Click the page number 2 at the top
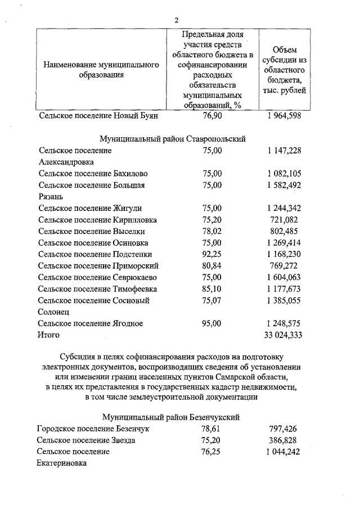pyautogui.click(x=176, y=20)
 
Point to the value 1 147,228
pyautogui.click(x=284, y=150)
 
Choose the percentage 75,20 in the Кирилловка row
pyautogui.click(x=213, y=219)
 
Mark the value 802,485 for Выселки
pyautogui.click(x=284, y=231)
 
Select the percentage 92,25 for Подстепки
pyautogui.click(x=213, y=254)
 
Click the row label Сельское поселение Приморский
pyautogui.click(x=96, y=265)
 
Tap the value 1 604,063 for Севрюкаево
pyautogui.click(x=284, y=277)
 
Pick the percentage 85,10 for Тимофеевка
pyautogui.click(x=213, y=289)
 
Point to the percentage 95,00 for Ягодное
pyautogui.click(x=213, y=323)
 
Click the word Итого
pyautogui.click(x=49, y=335)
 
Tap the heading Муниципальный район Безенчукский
pyautogui.click(x=172, y=417)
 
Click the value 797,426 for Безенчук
pyautogui.click(x=284, y=429)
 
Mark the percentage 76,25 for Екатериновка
pyautogui.click(x=213, y=452)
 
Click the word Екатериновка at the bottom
pyautogui.click(x=62, y=464)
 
